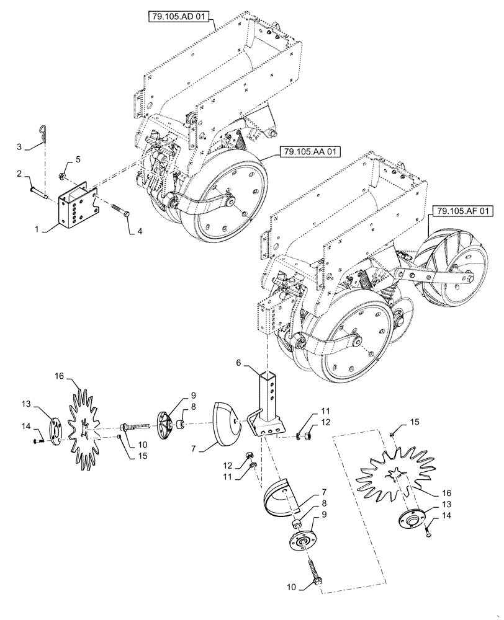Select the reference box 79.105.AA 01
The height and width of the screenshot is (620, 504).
tap(305, 150)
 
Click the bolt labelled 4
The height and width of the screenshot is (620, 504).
tap(120, 213)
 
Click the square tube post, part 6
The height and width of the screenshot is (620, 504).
tap(268, 396)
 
